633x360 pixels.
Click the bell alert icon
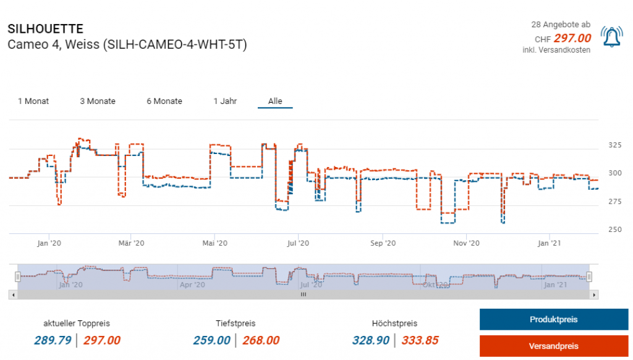(612, 38)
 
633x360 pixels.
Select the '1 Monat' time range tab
(33, 101)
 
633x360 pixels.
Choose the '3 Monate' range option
(98, 101)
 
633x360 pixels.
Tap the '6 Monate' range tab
(164, 101)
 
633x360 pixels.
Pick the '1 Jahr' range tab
(225, 101)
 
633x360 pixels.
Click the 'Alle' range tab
(275, 101)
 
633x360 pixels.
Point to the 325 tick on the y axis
(615, 145)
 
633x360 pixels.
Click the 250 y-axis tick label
(615, 230)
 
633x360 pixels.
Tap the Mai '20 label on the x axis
(213, 244)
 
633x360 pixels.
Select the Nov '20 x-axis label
(467, 244)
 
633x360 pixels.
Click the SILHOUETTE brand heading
(45, 29)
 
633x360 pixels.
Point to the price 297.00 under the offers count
(572, 38)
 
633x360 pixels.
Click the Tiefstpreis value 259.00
(211, 340)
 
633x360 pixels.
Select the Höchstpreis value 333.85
(420, 340)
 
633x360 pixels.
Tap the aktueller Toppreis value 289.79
(53, 340)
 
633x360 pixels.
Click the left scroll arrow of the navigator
(12, 295)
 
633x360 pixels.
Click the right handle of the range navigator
(589, 276)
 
